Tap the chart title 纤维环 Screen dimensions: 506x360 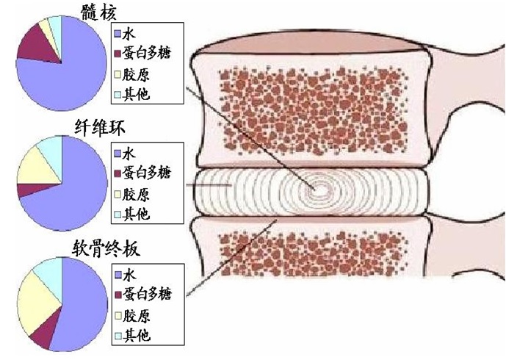(x=99, y=128)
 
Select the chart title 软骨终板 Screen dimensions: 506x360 (x=106, y=248)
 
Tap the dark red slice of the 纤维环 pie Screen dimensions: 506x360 (x=31, y=190)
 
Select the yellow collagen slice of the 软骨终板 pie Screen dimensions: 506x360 (x=37, y=303)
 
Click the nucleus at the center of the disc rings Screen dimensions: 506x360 (x=317, y=190)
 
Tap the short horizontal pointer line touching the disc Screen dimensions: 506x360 (x=209, y=185)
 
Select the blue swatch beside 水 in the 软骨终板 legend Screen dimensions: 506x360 (x=118, y=275)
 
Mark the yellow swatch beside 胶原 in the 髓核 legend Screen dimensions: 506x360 (x=118, y=75)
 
